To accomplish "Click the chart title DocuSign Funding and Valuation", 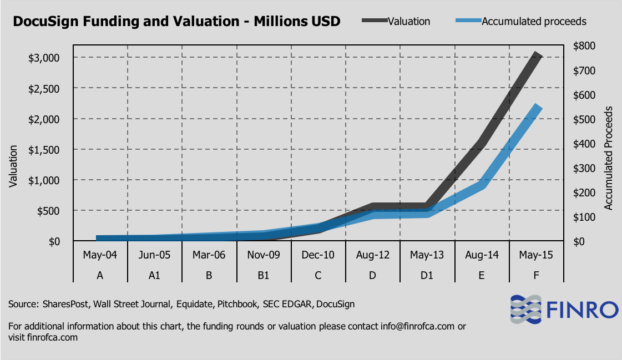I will pos(176,22).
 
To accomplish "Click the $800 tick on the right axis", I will pos(582,45).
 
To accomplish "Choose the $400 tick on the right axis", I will pos(582,144).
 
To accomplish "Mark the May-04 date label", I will pos(100,255).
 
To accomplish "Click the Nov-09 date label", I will pos(264,255).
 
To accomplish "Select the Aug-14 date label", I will pos(482,255).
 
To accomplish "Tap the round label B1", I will pos(264,275).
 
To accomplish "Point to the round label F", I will pos(536,275).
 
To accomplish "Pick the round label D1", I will pos(427,275).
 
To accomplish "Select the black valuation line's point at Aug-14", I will pos(482,144).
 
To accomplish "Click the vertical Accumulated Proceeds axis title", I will pos(608,162).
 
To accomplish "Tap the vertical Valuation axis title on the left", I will pos(13,166).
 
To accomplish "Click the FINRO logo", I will pos(564,310).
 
